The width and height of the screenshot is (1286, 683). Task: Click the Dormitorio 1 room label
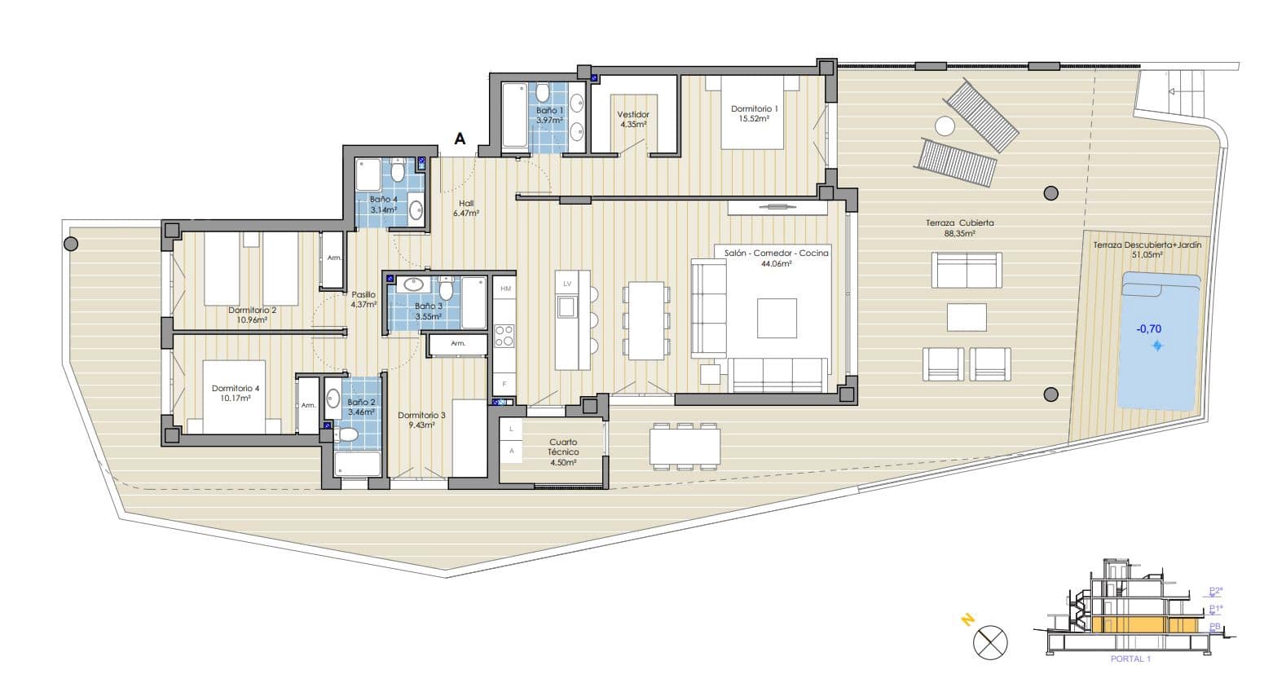pos(754,108)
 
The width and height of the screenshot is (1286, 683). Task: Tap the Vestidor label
pos(633,115)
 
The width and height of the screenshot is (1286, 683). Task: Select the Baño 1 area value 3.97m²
pos(549,121)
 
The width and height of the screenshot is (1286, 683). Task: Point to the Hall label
pos(466,204)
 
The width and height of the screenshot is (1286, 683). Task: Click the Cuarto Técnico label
pos(563,447)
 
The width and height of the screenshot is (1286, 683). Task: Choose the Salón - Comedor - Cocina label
pos(776,253)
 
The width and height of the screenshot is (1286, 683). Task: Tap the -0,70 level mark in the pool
pos(1149,329)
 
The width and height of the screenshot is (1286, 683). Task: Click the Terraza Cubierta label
pos(959,223)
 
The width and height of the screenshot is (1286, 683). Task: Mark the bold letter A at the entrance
pos(460,139)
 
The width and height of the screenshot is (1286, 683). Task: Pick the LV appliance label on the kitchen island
pos(567,284)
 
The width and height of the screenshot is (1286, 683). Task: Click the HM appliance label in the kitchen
pos(505,289)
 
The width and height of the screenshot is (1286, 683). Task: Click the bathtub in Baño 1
pos(514,115)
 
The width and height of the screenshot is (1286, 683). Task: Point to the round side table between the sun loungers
pos(945,126)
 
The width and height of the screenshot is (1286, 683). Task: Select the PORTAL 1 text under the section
pos(1130,659)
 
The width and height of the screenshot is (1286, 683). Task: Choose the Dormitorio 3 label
pos(421,416)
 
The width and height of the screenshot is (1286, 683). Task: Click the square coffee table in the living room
pos(776,318)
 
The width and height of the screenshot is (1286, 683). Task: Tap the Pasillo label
pos(363,295)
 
